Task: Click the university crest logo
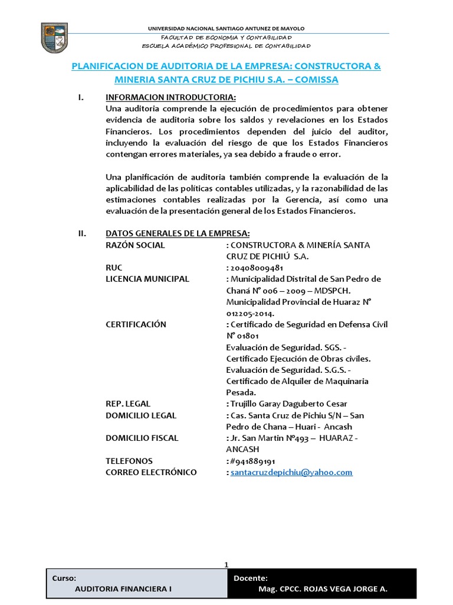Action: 54,37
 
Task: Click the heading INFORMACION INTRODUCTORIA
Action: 170,97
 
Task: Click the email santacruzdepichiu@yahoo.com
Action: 291,473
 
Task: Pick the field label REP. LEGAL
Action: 128,404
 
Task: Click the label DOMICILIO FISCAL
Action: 142,438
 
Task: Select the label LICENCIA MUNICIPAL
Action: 147,279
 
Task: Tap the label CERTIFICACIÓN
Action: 136,324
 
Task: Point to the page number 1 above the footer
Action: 226,565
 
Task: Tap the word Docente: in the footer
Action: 251,578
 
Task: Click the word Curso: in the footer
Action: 64,578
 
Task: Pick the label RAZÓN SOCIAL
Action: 135,245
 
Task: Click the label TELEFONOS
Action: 129,461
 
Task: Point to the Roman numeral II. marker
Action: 83,233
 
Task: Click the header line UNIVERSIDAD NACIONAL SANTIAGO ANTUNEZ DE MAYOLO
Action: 226,28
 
